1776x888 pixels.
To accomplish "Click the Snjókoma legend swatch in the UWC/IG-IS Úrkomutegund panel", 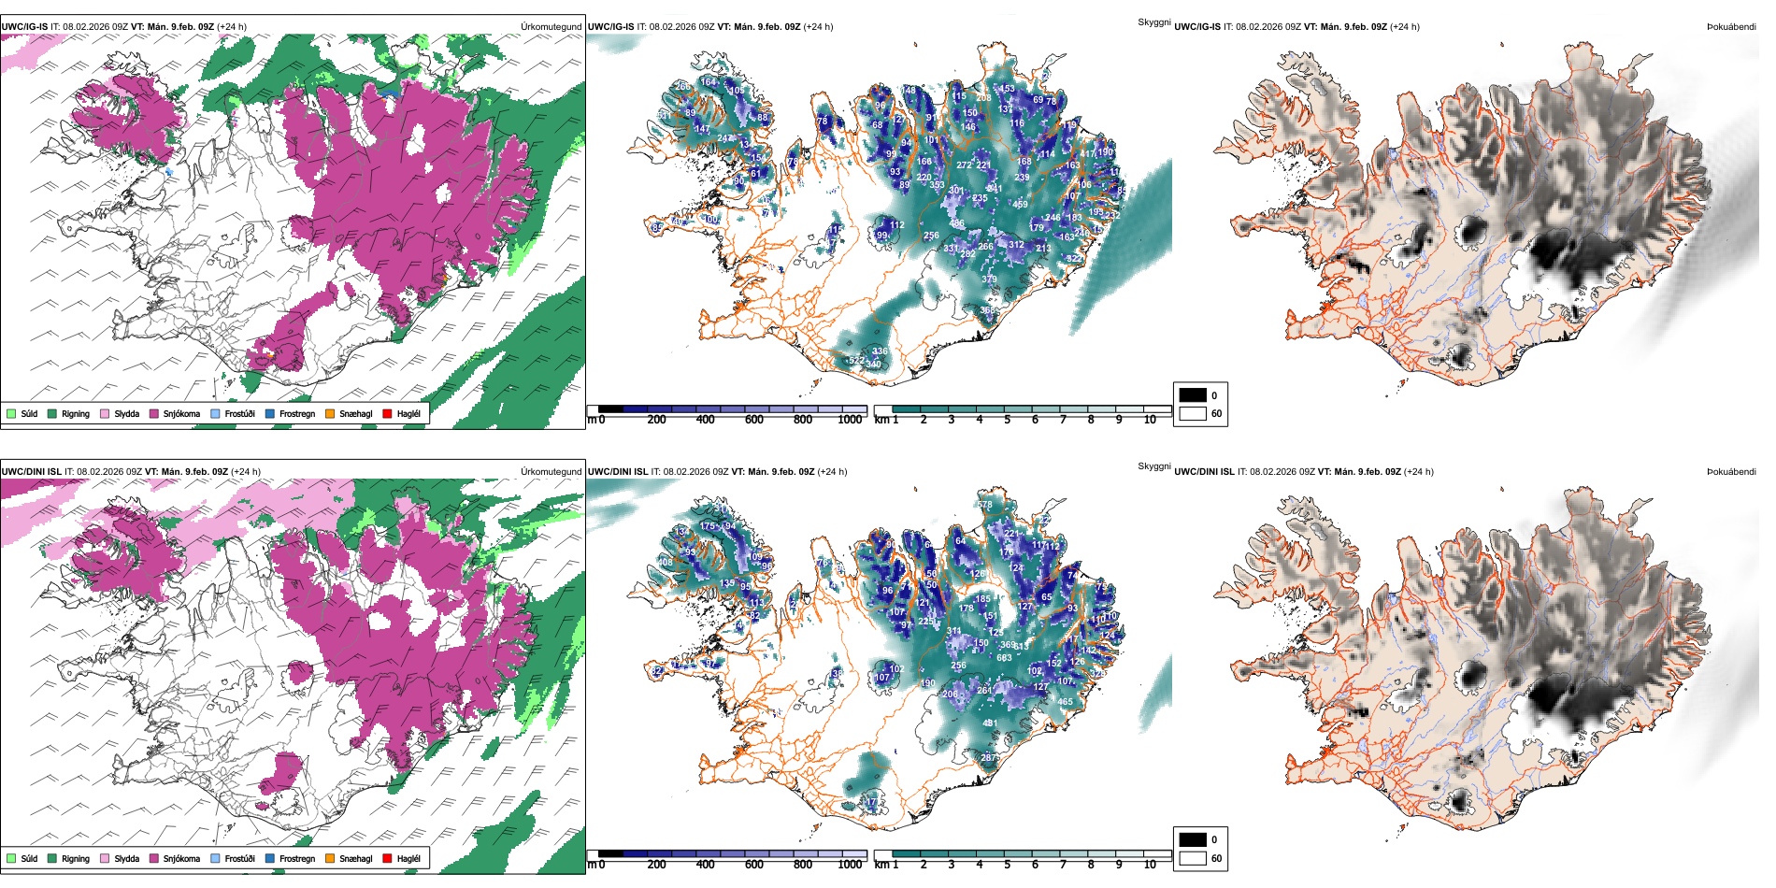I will click(154, 413).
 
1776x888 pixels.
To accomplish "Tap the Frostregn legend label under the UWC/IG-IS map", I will click(296, 413).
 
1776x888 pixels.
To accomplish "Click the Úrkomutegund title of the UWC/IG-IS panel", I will click(551, 27).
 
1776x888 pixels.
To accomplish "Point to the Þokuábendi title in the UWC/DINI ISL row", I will click(1731, 472).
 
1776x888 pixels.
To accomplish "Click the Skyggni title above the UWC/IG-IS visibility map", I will click(1153, 22).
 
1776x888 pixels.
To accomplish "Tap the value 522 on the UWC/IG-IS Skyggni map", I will click(856, 361).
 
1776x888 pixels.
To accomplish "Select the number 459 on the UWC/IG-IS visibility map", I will click(1020, 204).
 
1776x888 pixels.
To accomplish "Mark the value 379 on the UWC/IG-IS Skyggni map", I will click(989, 279).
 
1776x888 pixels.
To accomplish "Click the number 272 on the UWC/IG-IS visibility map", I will click(964, 165).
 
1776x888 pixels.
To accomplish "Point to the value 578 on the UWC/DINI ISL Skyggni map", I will click(984, 506).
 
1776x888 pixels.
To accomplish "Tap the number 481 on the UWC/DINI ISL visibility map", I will click(989, 723).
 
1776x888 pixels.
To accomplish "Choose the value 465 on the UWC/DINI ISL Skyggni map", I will click(1065, 702).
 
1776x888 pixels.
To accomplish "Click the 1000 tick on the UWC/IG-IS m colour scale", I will click(850, 420).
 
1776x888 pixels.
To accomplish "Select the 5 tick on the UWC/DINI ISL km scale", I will click(1008, 865).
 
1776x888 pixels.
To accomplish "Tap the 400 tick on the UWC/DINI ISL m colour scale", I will click(705, 865).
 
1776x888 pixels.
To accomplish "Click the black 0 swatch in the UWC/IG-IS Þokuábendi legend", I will click(1193, 394).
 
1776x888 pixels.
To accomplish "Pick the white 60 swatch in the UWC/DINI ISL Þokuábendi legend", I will click(1193, 857).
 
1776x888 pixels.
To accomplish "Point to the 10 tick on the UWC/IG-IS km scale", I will click(1150, 420).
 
